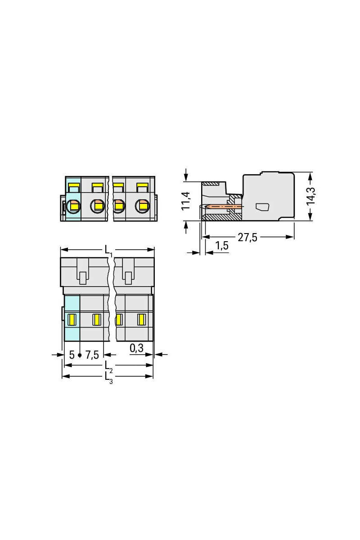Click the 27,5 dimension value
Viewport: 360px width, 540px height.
pyautogui.click(x=247, y=238)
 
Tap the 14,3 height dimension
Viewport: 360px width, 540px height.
pyautogui.click(x=310, y=196)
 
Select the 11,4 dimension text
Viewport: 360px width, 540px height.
pyautogui.click(x=186, y=201)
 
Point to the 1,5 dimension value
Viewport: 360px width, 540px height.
pyautogui.click(x=221, y=246)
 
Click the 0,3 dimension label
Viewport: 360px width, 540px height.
pyautogui.click(x=136, y=348)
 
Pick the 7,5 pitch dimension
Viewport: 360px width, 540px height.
pyautogui.click(x=92, y=355)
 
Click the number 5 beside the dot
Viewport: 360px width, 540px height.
pyautogui.click(x=72, y=355)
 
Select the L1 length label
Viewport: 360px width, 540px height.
pyautogui.click(x=108, y=251)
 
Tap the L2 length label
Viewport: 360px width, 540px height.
pyautogui.click(x=108, y=367)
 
